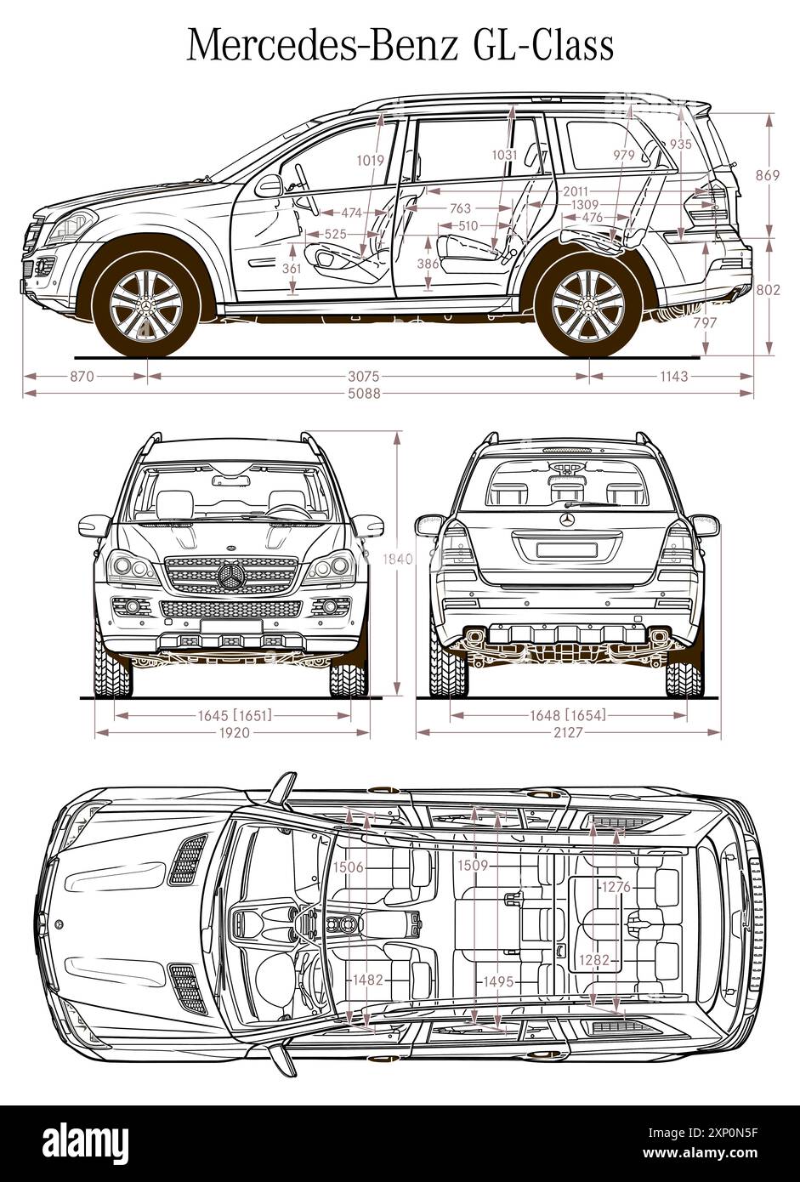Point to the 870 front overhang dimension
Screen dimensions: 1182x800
pyautogui.click(x=82, y=376)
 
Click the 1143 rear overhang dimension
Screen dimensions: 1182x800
pyautogui.click(x=672, y=376)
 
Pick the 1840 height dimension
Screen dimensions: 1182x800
pyautogui.click(x=396, y=559)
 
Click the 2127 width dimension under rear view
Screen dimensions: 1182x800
pyautogui.click(x=569, y=732)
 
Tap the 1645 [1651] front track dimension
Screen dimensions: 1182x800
pyautogui.click(x=235, y=715)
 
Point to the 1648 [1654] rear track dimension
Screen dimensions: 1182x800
pyautogui.click(x=569, y=715)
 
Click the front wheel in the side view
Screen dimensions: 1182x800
pyautogui.click(x=146, y=304)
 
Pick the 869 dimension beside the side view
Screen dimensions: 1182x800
pyautogui.click(x=768, y=176)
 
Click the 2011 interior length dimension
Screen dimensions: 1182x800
pyautogui.click(x=576, y=191)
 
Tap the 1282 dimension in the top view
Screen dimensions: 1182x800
pyautogui.click(x=595, y=960)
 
